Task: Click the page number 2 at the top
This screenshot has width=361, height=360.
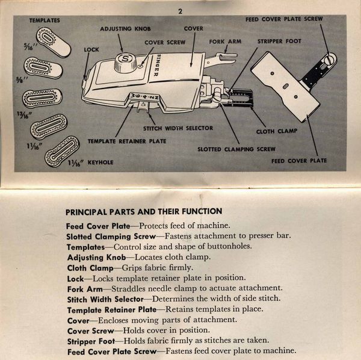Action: [180, 11]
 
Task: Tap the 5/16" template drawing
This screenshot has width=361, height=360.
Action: [54, 42]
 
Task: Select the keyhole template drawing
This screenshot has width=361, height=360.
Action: [62, 151]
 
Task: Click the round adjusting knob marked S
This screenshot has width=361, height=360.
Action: [126, 62]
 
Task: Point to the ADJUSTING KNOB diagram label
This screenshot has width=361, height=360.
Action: [126, 29]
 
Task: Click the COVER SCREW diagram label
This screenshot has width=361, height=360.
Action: [165, 42]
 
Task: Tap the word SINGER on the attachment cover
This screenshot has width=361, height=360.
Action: [157, 65]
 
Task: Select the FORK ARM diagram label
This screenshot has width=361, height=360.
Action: [225, 42]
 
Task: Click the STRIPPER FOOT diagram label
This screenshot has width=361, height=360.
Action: [279, 41]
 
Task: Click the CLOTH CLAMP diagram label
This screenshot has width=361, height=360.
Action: [277, 131]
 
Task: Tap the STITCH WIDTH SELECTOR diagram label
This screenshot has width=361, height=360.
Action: [178, 128]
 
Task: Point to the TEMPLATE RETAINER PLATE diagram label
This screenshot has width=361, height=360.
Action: [127, 141]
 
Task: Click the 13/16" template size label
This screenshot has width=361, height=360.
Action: [24, 115]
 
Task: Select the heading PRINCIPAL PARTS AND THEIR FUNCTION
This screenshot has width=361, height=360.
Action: [144, 211]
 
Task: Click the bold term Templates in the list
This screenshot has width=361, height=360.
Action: [85, 247]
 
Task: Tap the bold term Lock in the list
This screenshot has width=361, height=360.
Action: [75, 279]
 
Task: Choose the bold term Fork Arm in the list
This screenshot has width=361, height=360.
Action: [85, 290]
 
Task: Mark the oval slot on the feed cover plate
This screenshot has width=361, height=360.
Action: [285, 86]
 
